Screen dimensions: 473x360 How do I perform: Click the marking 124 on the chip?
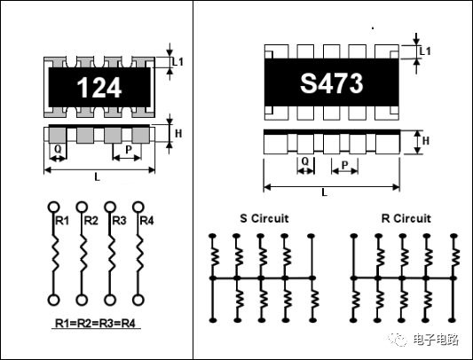(99, 88)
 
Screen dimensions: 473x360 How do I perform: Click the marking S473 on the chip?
(332, 83)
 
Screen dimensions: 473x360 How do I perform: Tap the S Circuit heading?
(264, 218)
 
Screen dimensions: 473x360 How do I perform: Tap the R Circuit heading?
(406, 218)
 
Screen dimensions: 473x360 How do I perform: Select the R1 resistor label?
(62, 221)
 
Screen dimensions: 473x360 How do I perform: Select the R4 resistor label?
(147, 221)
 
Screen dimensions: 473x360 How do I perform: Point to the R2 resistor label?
(91, 221)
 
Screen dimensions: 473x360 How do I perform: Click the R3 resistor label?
(119, 221)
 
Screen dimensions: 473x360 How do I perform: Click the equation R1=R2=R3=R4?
(95, 324)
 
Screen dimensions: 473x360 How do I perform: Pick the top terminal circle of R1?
(54, 207)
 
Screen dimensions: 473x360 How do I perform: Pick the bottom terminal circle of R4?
(138, 300)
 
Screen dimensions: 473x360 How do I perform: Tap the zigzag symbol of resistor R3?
(110, 254)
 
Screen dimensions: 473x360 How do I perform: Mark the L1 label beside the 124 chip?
(177, 62)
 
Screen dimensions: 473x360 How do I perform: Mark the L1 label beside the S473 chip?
(425, 51)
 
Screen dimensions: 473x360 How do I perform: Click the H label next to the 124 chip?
(178, 134)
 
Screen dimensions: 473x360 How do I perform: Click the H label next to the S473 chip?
(426, 140)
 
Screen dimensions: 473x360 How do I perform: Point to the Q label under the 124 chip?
(58, 149)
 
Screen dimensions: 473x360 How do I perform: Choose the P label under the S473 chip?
(345, 165)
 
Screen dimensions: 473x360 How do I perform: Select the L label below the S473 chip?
(324, 192)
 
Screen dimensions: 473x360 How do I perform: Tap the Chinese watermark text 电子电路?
(436, 340)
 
